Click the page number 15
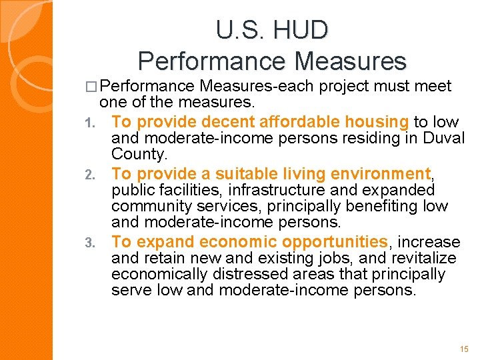464,349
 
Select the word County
139,154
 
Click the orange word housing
377,121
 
